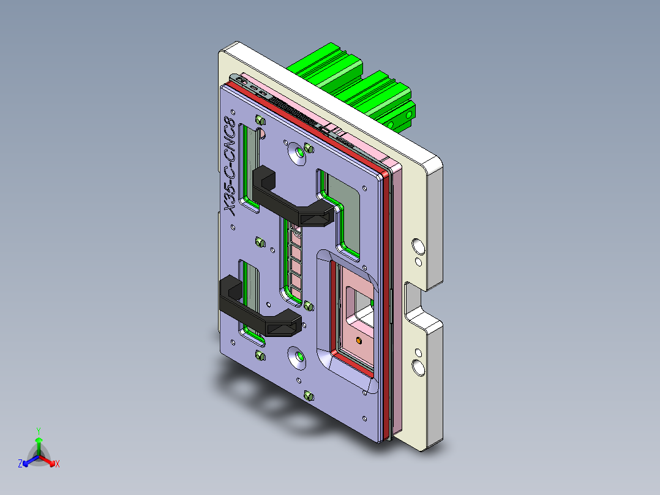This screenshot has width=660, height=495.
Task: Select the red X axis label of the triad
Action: tap(57, 464)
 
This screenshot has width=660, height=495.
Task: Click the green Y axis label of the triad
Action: tap(38, 431)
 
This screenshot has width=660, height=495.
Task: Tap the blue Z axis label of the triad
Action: tap(20, 464)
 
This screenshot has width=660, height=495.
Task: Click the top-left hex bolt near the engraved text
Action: tap(258, 119)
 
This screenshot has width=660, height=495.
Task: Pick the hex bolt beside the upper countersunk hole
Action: tap(309, 148)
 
